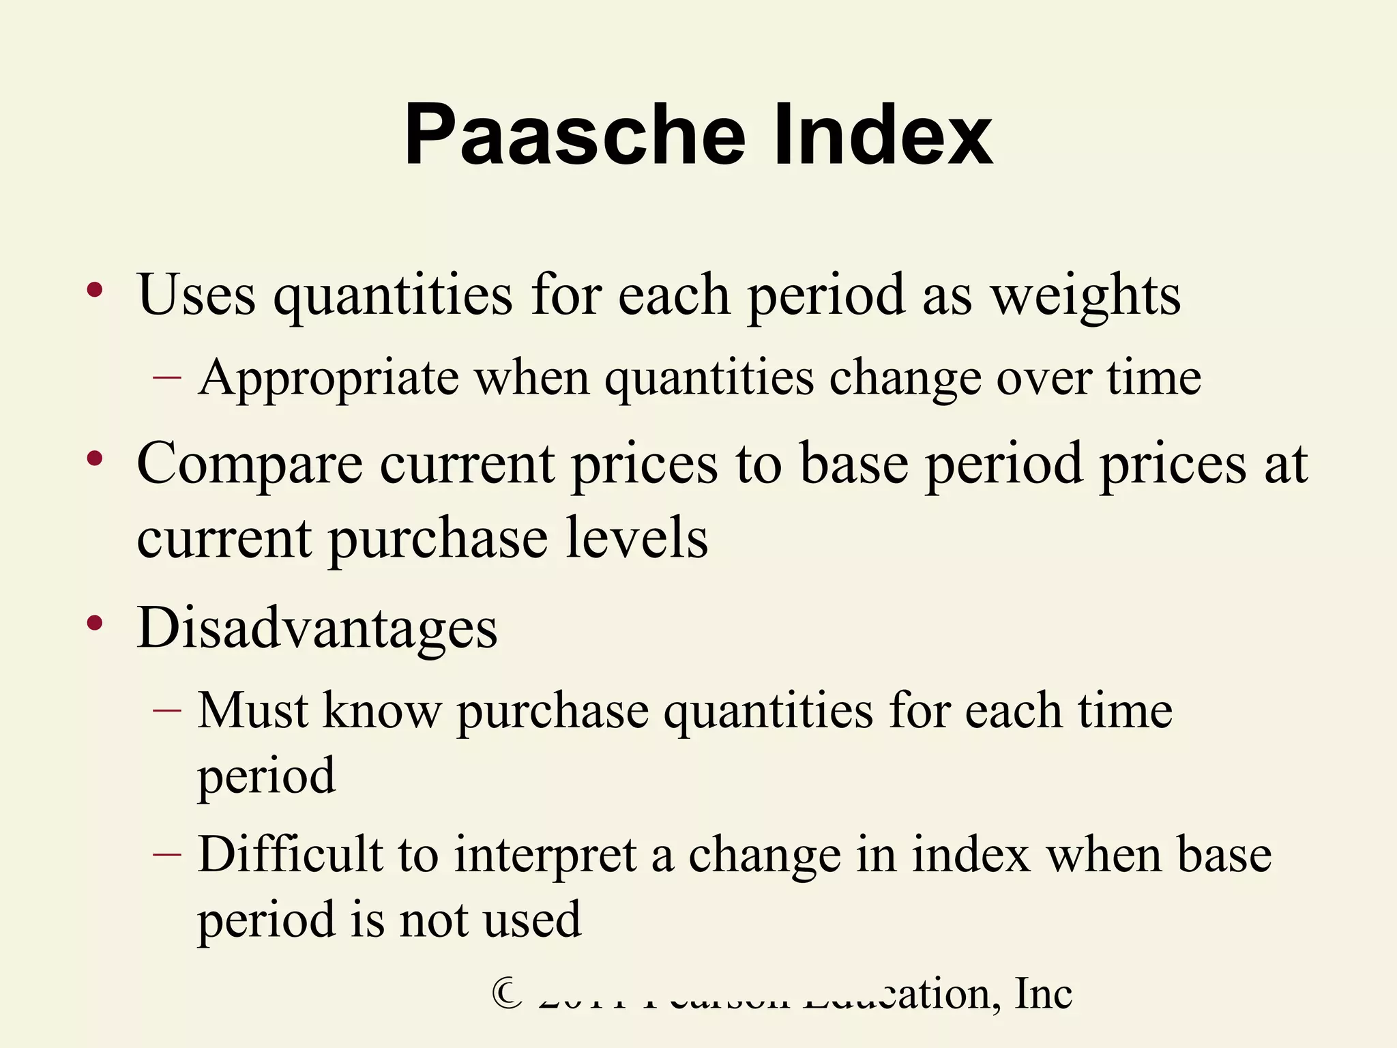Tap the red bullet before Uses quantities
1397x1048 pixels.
point(95,291)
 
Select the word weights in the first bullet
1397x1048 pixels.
point(1085,296)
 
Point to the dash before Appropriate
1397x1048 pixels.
point(167,377)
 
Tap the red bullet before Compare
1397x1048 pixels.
point(95,459)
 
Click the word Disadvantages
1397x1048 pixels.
point(317,628)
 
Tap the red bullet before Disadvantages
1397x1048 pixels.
point(95,623)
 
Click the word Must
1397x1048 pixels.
point(253,712)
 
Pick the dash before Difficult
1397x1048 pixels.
point(167,854)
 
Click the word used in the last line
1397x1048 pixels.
point(532,920)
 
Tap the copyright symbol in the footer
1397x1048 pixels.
point(508,994)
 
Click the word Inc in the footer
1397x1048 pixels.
point(1043,993)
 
